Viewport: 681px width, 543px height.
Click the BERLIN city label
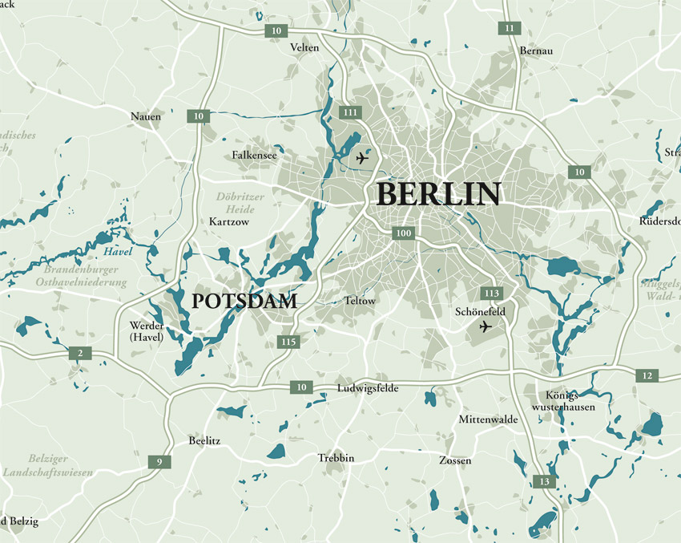coord(438,195)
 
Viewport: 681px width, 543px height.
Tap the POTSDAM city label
coord(245,302)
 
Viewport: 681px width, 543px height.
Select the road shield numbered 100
coord(403,233)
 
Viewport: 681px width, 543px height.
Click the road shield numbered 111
coord(349,112)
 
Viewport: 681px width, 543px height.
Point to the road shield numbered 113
coord(491,293)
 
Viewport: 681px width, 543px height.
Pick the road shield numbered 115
coord(289,342)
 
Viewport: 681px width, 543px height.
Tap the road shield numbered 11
coord(509,28)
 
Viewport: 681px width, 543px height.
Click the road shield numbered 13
coord(544,481)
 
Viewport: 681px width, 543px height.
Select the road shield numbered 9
coord(159,461)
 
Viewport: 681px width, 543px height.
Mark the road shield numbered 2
coord(79,353)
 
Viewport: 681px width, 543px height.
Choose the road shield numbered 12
coord(647,375)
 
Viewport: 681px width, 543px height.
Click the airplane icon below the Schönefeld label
coord(485,327)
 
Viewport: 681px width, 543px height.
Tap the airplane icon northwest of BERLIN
coord(361,158)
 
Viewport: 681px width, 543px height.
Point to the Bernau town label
coord(536,51)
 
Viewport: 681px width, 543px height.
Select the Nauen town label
coord(146,117)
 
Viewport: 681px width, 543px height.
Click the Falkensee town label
coord(254,155)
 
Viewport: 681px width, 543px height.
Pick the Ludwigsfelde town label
coord(367,388)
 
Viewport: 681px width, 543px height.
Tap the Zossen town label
coord(455,461)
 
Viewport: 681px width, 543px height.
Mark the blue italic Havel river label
coord(118,252)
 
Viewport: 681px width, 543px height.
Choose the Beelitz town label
coord(204,441)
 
